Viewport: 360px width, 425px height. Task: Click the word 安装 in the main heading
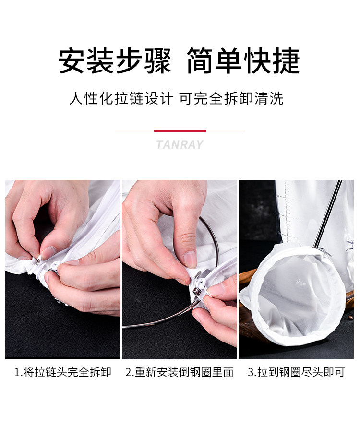click(x=86, y=61)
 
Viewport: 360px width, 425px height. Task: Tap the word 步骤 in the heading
click(x=144, y=61)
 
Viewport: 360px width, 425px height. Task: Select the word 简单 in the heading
click(x=214, y=61)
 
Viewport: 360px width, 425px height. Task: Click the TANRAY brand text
click(x=180, y=144)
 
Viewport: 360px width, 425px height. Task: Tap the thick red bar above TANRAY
click(x=180, y=131)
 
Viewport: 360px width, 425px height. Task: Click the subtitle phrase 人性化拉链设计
click(x=121, y=98)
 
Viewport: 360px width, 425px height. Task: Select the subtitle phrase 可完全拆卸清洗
click(x=231, y=98)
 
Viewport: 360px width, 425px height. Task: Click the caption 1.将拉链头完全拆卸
click(x=63, y=372)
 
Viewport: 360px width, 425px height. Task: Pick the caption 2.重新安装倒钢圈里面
click(x=180, y=372)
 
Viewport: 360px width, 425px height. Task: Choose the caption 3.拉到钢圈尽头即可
click(x=296, y=372)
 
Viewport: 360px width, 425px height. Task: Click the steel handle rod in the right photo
click(x=326, y=214)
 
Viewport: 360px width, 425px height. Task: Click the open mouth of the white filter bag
click(x=297, y=295)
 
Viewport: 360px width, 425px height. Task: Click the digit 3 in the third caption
click(x=250, y=372)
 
